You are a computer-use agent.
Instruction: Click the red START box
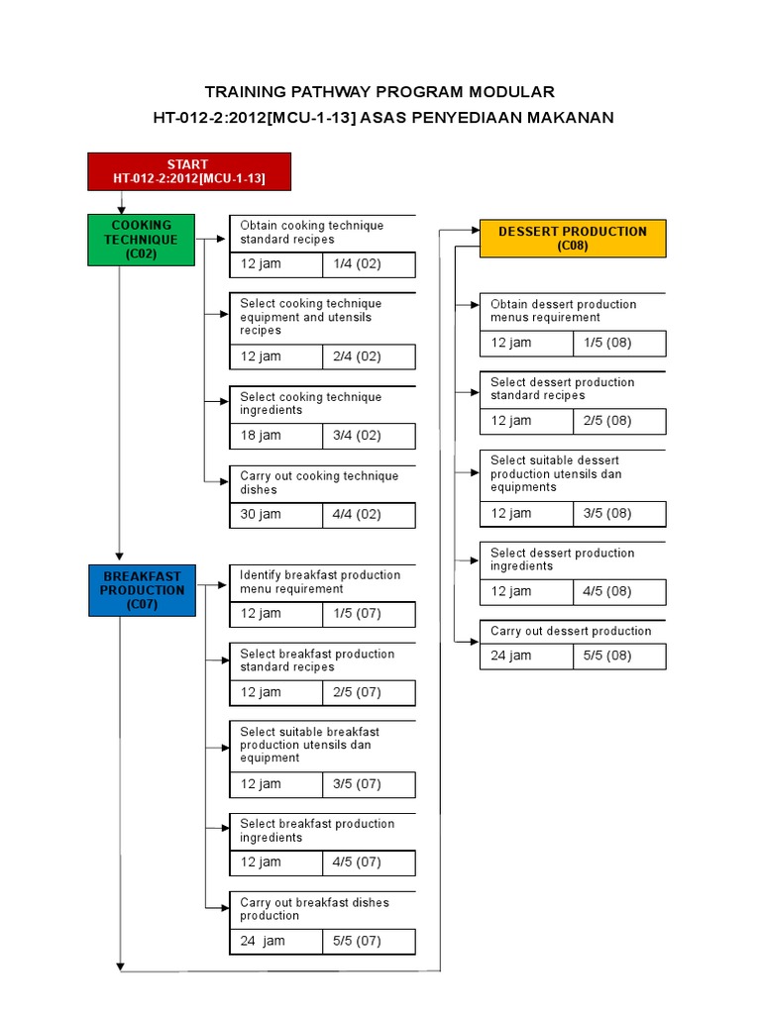tap(189, 170)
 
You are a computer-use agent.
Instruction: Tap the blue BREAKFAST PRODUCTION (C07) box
tap(142, 589)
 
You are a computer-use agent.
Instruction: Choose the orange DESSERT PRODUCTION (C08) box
tap(573, 238)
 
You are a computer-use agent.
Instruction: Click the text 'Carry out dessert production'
tap(571, 632)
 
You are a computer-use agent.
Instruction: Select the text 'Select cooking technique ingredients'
tap(310, 403)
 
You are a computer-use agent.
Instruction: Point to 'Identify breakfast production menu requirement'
tap(320, 581)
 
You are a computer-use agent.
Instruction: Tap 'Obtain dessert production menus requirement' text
tap(563, 311)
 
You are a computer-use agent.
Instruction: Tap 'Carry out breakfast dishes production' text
tap(314, 909)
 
